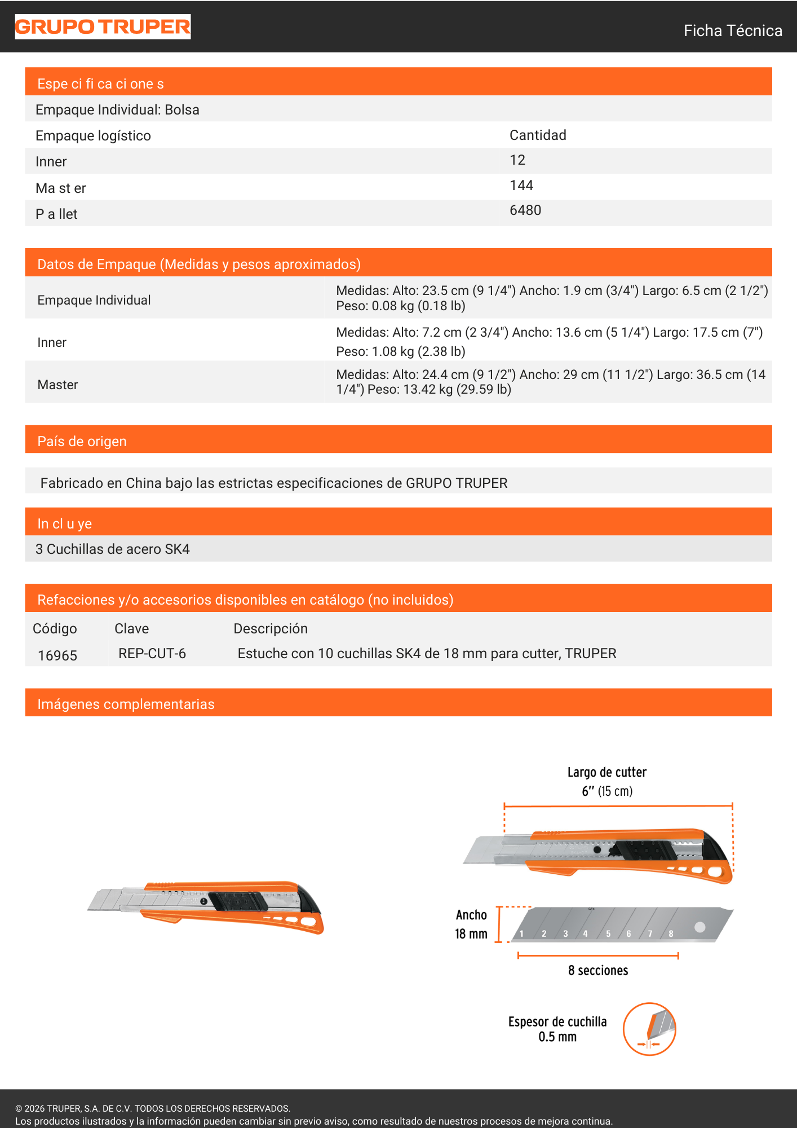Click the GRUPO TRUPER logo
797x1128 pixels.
tap(103, 27)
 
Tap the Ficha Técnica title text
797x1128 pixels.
tap(732, 30)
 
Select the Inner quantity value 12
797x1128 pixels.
tap(517, 160)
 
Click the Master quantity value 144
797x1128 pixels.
tap(521, 186)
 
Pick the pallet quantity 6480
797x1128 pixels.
tap(525, 210)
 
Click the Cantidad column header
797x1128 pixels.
tap(538, 135)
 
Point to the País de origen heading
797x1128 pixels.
tap(82, 441)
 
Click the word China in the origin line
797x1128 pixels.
tap(143, 483)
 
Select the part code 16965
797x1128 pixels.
tap(57, 655)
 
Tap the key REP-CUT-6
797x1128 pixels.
tap(152, 654)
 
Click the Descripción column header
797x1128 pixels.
tap(271, 629)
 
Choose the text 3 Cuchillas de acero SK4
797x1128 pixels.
tap(113, 549)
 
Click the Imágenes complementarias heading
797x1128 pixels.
tap(126, 704)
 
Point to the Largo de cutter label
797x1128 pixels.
tap(606, 772)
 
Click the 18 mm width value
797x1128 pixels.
tap(471, 934)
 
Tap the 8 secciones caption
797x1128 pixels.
tap(598, 970)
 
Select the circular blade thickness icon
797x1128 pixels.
tap(649, 1029)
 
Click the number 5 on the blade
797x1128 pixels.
tap(608, 933)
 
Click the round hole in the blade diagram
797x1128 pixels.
tap(699, 927)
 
